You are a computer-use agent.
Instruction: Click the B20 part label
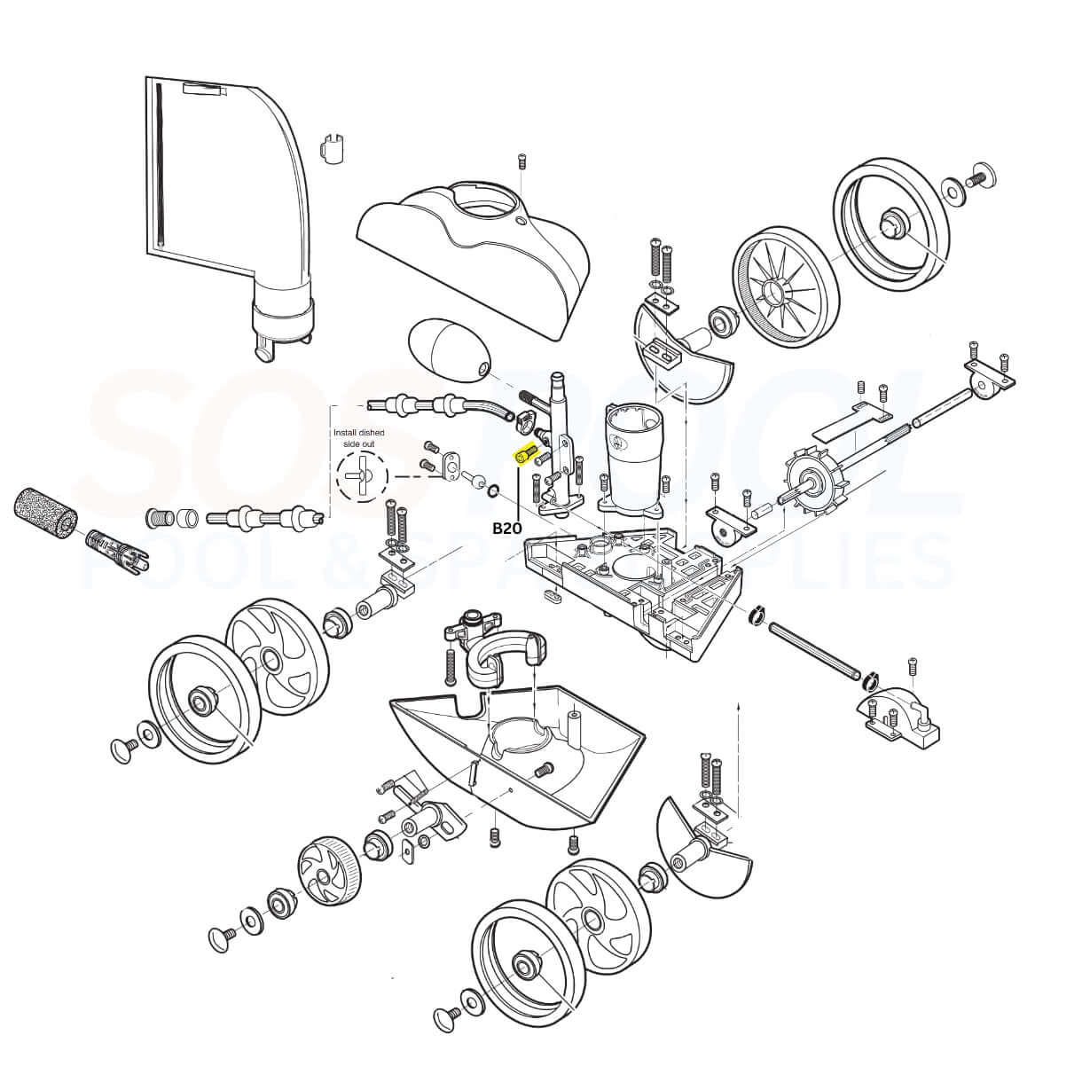pos(508,529)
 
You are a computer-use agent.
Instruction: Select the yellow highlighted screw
pos(524,455)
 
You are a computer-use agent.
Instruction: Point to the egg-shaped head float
pos(449,351)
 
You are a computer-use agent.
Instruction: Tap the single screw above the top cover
pos(522,161)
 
